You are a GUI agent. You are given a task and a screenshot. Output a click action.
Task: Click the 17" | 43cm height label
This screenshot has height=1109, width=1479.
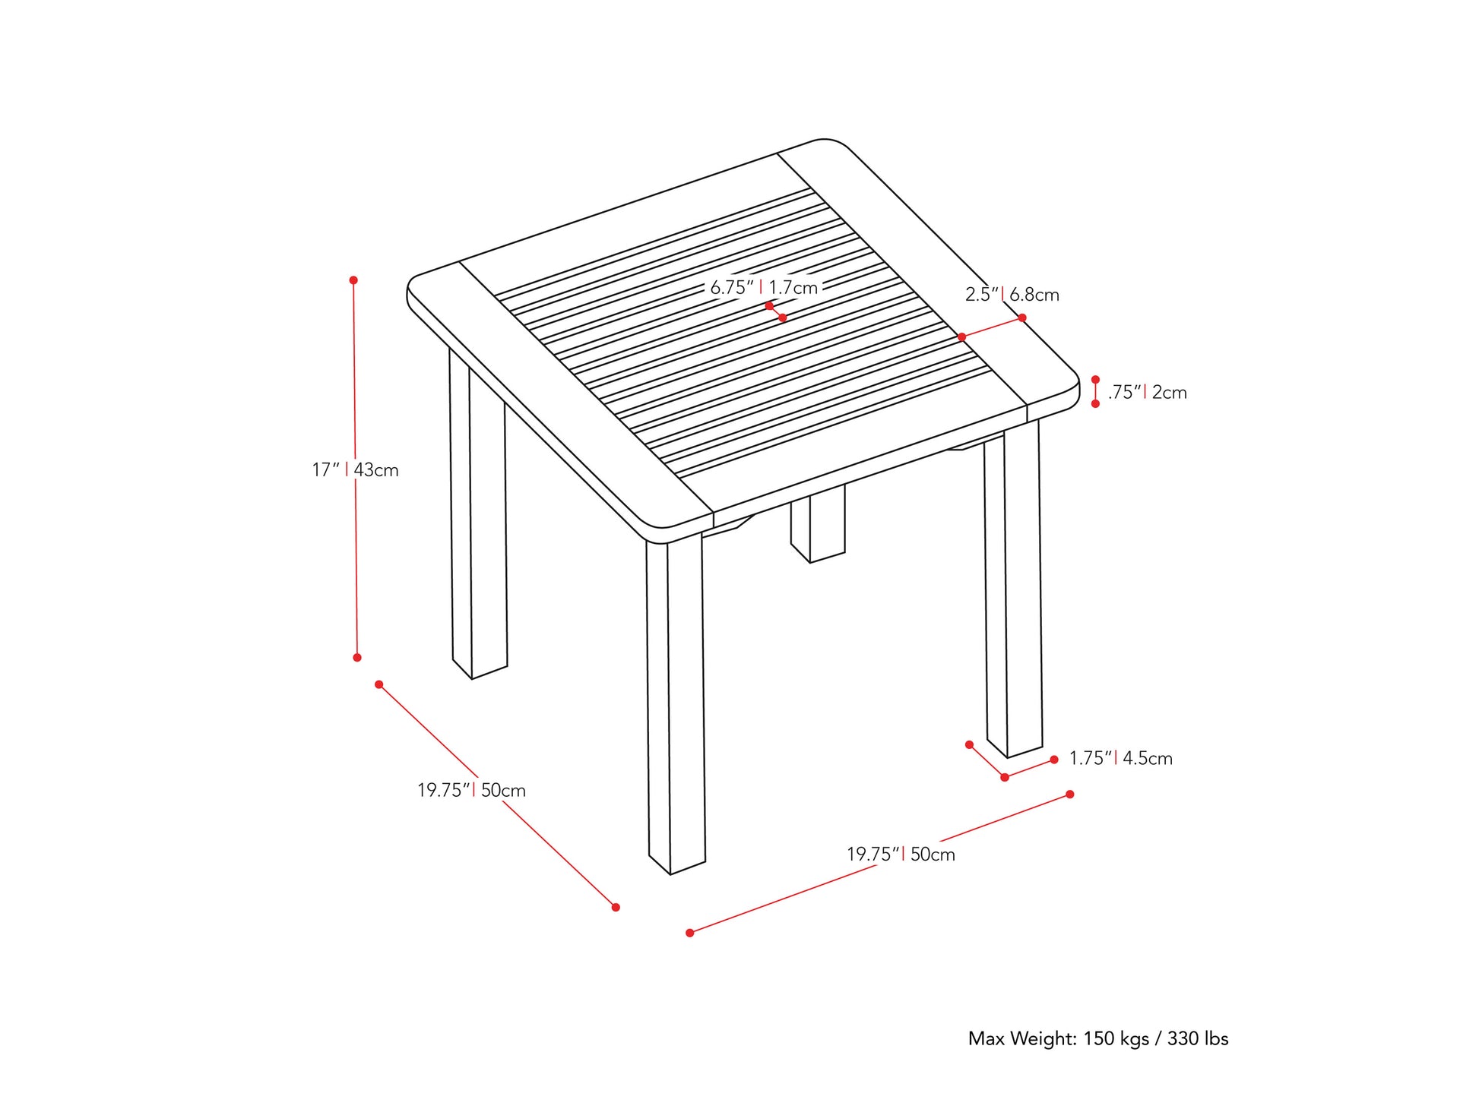pos(355,470)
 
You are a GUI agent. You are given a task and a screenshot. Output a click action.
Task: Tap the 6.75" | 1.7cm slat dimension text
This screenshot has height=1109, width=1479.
pos(763,288)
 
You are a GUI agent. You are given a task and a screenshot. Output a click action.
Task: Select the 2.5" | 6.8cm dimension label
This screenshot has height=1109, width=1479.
pos(1012,295)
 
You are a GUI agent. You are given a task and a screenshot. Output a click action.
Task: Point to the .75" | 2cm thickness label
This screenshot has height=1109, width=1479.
pos(1147,393)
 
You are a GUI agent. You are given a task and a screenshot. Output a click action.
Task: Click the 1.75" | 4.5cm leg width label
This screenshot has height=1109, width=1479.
pos(1120,758)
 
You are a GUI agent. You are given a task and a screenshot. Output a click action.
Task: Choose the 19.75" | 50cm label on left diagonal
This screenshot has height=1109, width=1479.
pos(471,791)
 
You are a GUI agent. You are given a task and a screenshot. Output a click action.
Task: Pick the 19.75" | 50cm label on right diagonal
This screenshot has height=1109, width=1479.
pos(901,855)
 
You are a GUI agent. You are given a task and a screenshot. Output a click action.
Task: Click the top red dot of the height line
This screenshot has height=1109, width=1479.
pos(353,280)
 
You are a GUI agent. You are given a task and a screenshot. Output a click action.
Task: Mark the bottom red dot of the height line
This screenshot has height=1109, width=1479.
pos(357,657)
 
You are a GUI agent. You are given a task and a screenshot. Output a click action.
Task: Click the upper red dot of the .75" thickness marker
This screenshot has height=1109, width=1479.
pos(1095,379)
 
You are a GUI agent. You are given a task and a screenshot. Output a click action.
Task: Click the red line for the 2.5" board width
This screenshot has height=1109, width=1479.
pos(992,327)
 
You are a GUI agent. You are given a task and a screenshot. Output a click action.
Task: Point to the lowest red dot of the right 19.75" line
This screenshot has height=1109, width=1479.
pos(690,933)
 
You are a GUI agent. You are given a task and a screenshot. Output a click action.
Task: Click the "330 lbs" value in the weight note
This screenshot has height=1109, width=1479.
pos(1198,1038)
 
